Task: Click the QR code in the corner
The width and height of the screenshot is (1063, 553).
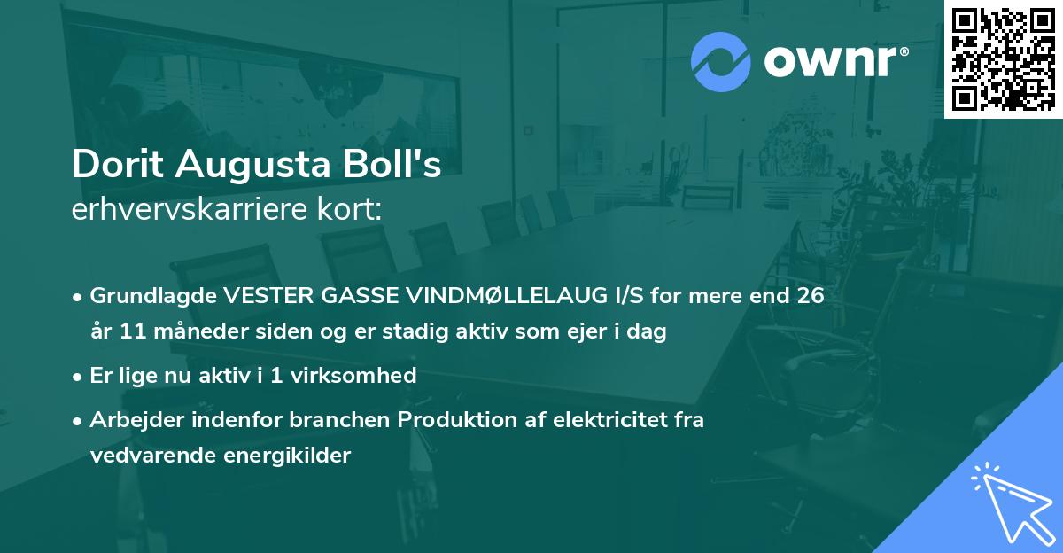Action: tap(1003, 59)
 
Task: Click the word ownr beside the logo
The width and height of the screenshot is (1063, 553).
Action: tap(834, 62)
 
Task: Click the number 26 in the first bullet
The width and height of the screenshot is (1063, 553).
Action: tap(810, 296)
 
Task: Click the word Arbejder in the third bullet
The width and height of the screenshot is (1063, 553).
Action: tap(131, 420)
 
